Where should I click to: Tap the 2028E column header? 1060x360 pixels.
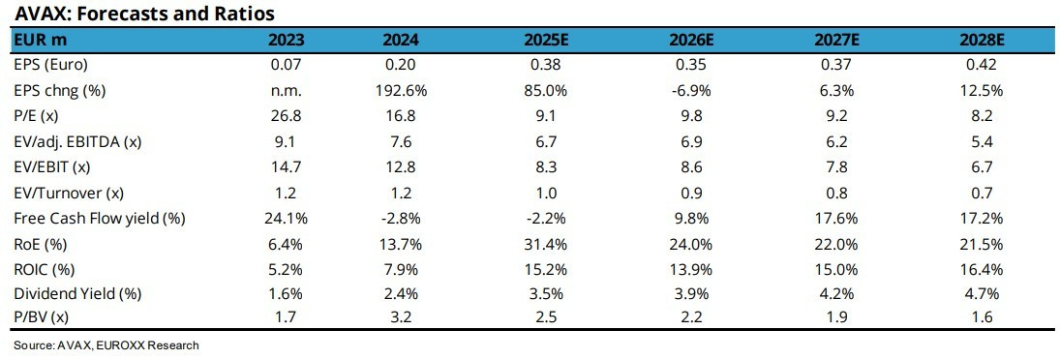982,40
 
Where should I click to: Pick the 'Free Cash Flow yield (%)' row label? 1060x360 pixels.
100,219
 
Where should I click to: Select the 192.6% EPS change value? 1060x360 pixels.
401,91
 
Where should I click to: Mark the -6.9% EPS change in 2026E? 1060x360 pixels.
692,91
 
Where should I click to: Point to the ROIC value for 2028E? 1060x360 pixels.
982,270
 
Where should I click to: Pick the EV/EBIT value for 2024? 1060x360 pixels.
401,167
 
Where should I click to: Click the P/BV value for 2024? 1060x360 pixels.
401,321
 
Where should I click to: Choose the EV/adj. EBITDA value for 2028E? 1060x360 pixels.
982,142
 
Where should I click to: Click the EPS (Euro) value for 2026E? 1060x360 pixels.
692,65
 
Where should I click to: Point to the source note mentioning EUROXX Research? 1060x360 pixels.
106,345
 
